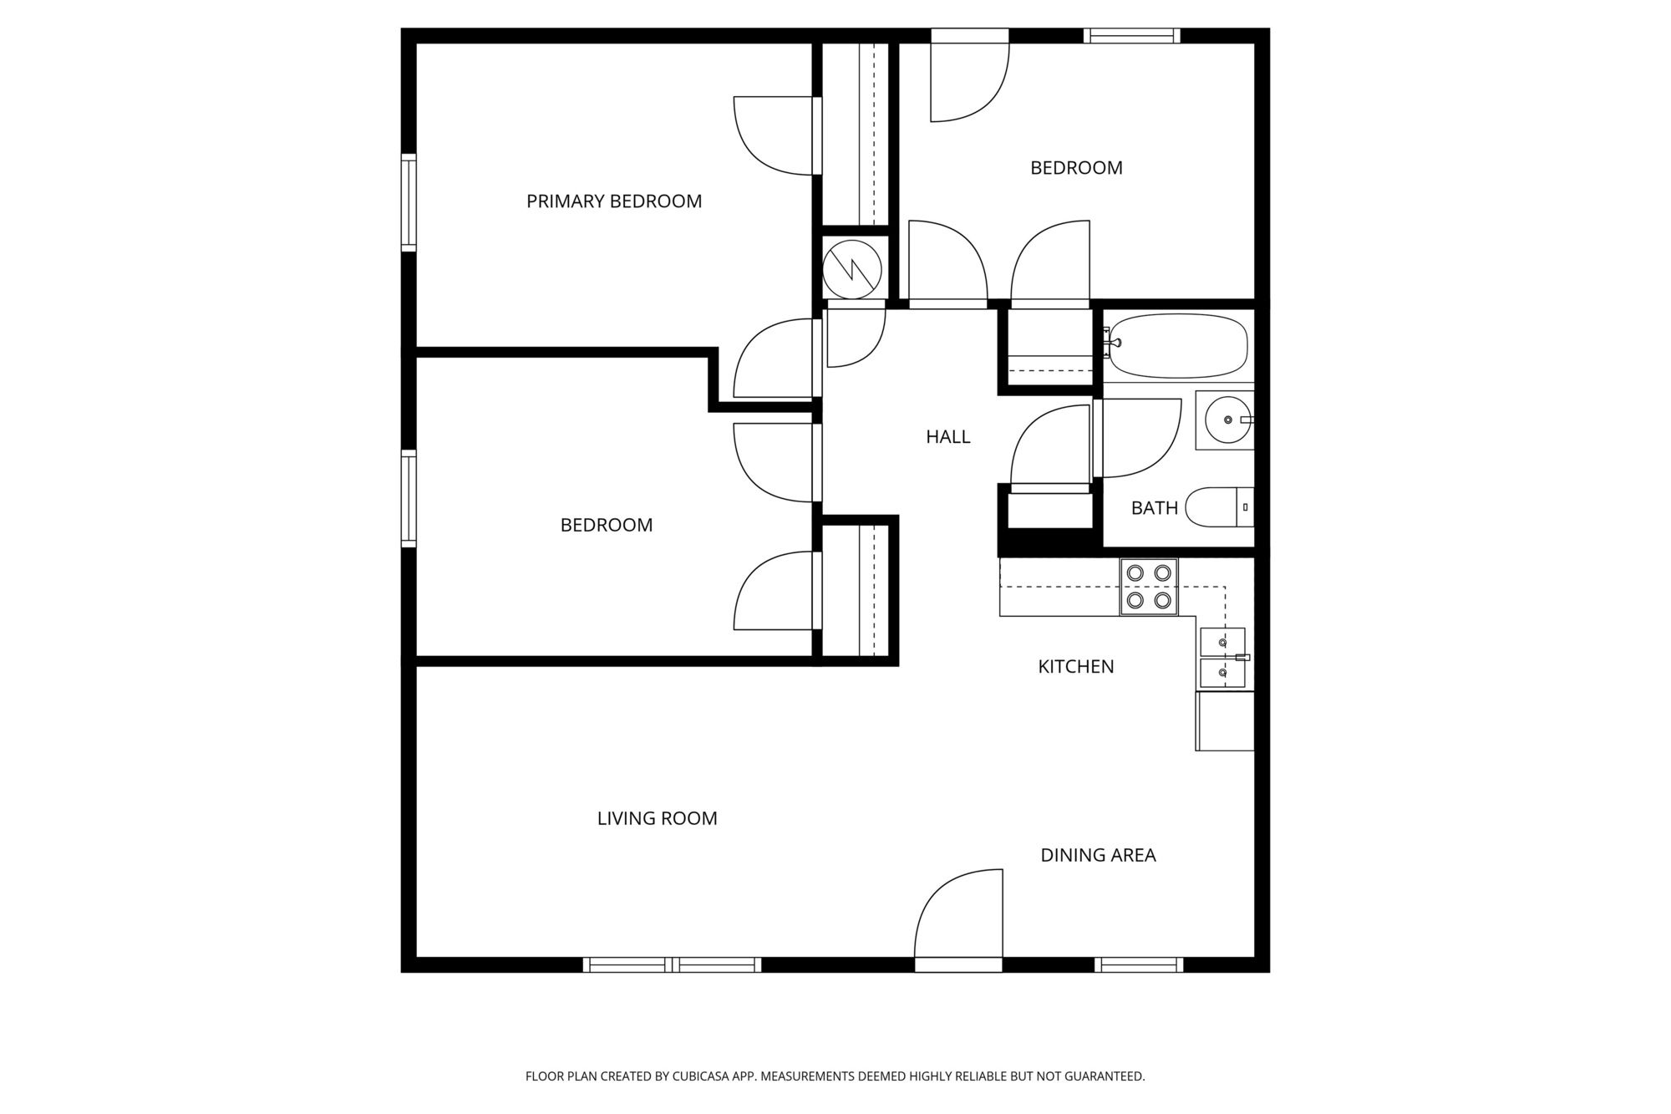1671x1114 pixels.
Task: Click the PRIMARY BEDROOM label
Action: pos(614,201)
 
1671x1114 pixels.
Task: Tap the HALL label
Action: pos(948,436)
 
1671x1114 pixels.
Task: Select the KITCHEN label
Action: pos(1076,667)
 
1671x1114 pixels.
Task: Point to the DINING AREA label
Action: pos(1098,855)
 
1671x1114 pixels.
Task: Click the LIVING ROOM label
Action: pos(658,819)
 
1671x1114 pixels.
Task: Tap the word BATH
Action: pos(1155,508)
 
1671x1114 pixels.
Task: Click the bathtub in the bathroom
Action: pos(1178,346)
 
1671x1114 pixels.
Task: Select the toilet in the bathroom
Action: pos(1220,507)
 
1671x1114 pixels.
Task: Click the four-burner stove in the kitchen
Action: pos(1149,587)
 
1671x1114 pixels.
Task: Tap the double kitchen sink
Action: pos(1222,658)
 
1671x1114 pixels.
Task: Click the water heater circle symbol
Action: pos(852,268)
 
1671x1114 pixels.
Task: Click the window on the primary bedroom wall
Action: pos(409,202)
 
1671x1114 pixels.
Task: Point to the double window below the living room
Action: pos(672,965)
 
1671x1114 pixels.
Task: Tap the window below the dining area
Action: pos(1139,965)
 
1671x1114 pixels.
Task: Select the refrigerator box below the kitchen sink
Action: pos(1225,721)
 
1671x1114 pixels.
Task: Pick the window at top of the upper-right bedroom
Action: pos(1132,35)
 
